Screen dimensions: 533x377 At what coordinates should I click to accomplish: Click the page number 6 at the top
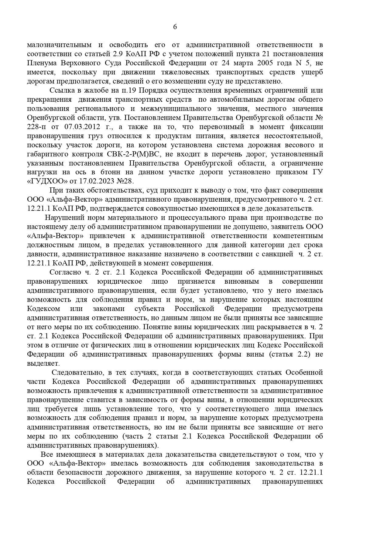[175, 27]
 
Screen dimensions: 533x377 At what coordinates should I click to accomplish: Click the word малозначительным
[59, 45]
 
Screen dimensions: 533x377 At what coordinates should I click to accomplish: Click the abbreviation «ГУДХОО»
[43, 181]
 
